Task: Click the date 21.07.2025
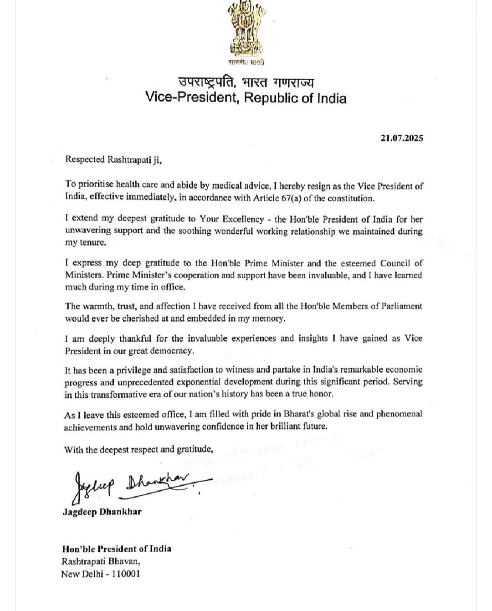(x=401, y=138)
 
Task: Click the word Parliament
(x=399, y=306)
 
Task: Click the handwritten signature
(x=137, y=486)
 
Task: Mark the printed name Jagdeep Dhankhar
(x=102, y=511)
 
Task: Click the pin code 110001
(x=124, y=574)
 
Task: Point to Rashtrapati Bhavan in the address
(x=97, y=561)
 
